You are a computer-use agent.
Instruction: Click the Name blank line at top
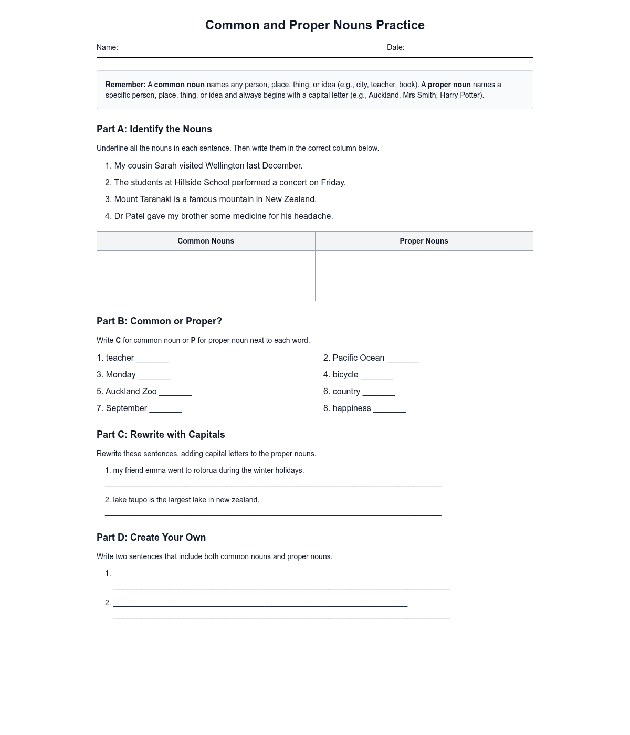point(183,48)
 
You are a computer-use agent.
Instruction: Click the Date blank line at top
point(470,48)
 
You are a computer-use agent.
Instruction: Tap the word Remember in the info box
point(125,85)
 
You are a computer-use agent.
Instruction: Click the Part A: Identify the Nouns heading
point(154,129)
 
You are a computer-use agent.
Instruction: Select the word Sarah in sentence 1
point(165,166)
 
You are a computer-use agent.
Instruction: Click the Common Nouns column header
point(206,241)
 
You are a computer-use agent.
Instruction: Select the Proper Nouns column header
point(424,241)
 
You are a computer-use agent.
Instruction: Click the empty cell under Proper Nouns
point(424,276)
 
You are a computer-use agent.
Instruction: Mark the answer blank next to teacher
point(152,359)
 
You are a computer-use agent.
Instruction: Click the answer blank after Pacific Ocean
point(403,359)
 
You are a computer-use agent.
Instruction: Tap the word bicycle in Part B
point(345,375)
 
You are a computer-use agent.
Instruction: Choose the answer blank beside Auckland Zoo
point(175,393)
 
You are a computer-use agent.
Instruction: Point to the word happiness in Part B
point(352,408)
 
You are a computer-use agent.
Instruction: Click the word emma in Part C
point(155,470)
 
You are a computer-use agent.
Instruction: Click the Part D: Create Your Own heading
point(151,538)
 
